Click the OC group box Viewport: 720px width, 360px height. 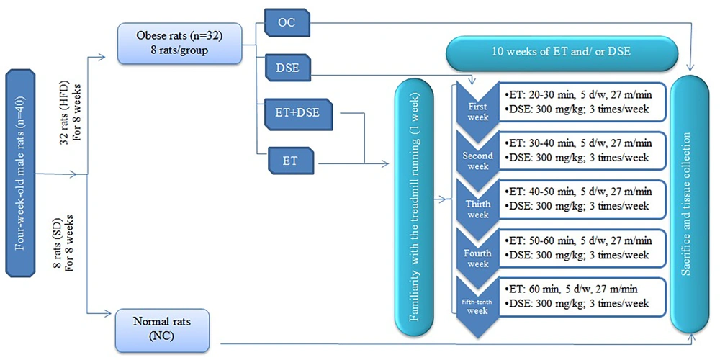[287, 23]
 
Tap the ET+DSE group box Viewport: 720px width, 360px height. [299, 114]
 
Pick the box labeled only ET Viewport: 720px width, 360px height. [290, 161]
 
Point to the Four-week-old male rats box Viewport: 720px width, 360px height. [20, 173]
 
